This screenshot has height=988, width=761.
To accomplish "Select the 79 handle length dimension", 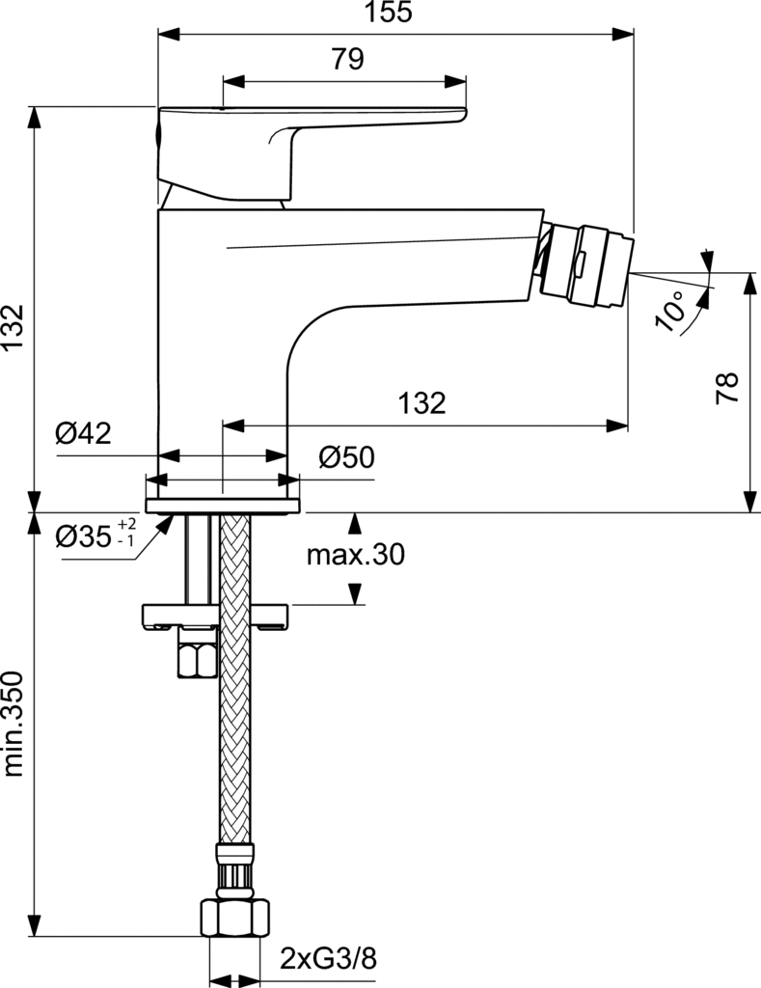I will [x=347, y=60].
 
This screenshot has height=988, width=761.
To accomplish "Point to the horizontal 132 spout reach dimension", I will [x=421, y=402].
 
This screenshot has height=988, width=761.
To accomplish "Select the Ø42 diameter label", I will [x=83, y=433].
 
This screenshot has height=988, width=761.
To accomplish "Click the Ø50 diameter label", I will [x=345, y=457].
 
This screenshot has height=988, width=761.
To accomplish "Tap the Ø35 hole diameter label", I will [x=84, y=535].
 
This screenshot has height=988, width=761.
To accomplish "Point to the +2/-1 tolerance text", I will [x=126, y=532].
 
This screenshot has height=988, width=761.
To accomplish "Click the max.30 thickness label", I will [x=355, y=555].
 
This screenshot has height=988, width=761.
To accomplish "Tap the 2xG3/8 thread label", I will [x=328, y=959].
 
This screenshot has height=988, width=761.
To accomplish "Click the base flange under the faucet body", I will [x=223, y=505].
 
